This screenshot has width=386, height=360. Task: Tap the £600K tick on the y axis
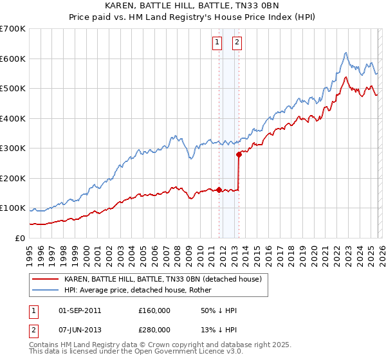[13, 59]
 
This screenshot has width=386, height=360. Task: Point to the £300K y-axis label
[13, 148]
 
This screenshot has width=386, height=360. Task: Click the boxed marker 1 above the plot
[217, 43]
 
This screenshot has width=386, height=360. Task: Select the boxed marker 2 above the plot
[237, 43]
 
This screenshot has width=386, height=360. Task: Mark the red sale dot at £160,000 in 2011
[219, 190]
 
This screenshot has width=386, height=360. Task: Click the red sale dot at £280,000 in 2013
[239, 154]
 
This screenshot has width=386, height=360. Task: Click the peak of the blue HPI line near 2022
[345, 53]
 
